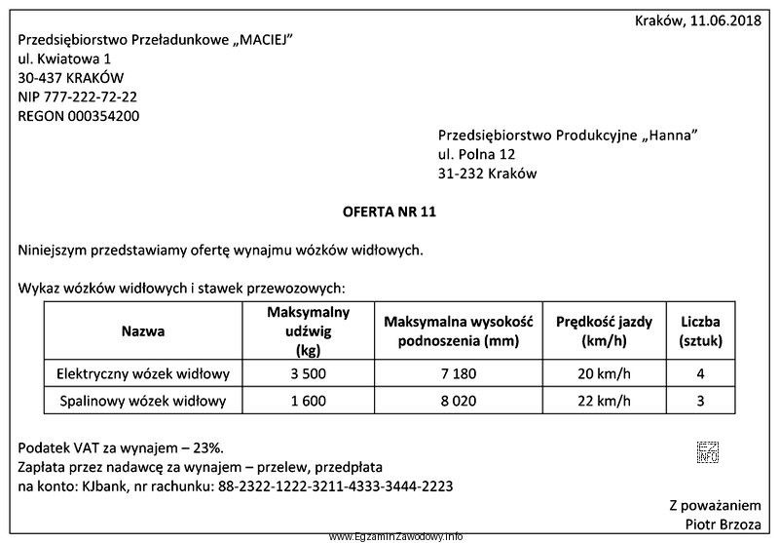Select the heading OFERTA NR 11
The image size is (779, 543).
pos(389,211)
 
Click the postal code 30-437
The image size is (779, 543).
pos(41,77)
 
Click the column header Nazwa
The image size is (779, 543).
pos(142,331)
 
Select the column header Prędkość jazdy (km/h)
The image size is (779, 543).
pos(605,331)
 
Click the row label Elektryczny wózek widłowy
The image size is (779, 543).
pos(142,373)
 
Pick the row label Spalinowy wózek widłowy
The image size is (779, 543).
pos(142,401)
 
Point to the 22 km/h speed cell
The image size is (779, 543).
pos(605,401)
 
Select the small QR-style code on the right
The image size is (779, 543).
pos(707,450)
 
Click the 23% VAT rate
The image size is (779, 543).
pos(206,447)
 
